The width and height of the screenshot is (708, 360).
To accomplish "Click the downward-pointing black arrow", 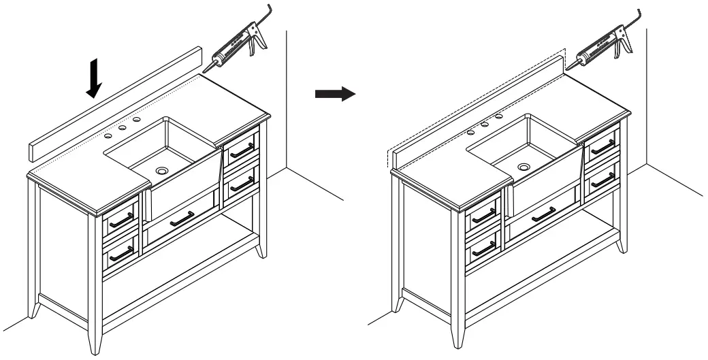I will point(95,79).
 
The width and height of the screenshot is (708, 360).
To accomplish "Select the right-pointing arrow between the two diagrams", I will point(335,94).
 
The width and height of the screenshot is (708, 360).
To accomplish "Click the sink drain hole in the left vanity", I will point(162,171).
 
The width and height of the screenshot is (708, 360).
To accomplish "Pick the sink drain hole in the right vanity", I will point(524,166).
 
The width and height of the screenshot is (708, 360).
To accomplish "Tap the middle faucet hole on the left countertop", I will point(123,127).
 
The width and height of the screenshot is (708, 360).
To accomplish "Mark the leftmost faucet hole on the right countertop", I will point(471,129).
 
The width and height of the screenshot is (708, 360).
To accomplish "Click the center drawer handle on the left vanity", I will point(180,218).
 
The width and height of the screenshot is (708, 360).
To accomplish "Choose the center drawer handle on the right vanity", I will point(543,215).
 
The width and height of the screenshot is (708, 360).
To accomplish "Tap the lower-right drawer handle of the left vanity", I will point(242,182).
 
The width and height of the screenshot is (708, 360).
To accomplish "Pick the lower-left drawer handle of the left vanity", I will point(121,252).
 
